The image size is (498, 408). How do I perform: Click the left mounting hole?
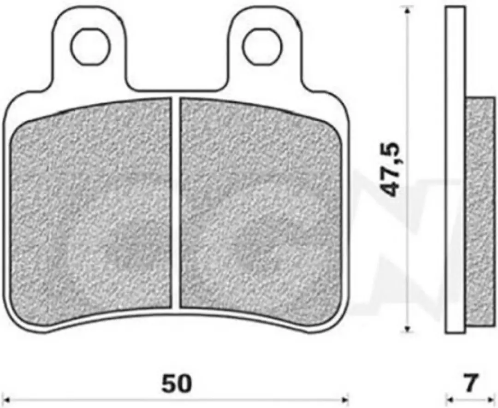90,47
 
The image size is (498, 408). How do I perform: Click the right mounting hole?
262,47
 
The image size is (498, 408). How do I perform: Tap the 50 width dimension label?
177,383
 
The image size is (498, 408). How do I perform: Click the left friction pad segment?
91,210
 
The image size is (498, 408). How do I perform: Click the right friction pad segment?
261,210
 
